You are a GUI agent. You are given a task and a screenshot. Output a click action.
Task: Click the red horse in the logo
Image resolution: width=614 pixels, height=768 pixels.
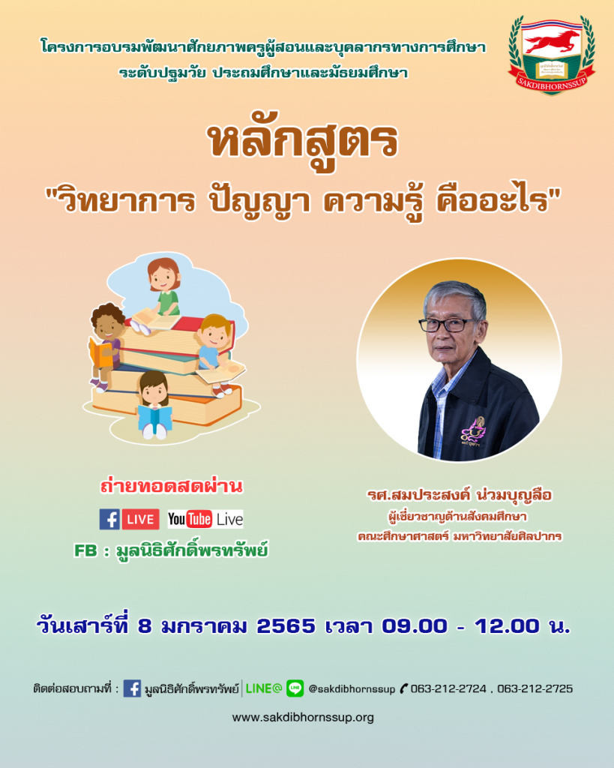(x=552, y=42)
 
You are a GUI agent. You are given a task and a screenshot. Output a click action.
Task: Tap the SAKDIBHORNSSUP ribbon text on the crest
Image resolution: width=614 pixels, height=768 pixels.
(x=552, y=81)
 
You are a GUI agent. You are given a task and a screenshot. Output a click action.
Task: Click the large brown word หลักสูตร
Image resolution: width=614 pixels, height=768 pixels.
(x=304, y=141)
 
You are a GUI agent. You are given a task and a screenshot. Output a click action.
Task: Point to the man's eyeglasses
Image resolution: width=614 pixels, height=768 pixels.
(x=447, y=324)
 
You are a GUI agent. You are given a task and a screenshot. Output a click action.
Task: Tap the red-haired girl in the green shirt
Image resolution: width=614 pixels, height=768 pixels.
(x=162, y=289)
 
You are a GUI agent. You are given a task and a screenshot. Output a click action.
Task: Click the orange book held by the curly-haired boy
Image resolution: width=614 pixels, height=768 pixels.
(x=100, y=353)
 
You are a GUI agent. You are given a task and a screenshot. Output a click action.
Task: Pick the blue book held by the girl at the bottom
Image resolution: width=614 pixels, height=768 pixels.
(x=154, y=416)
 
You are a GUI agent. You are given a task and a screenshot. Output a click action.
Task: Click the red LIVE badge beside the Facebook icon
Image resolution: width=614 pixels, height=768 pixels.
(x=140, y=520)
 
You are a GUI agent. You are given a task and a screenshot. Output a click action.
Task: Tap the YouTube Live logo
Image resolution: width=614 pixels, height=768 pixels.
(x=205, y=519)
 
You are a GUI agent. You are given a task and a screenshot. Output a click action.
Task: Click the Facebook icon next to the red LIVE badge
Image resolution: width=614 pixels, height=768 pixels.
(x=109, y=519)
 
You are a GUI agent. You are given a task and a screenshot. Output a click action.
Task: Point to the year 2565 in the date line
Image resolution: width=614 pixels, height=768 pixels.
(x=286, y=626)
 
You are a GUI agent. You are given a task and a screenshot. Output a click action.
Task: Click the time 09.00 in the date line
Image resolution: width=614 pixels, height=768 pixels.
(x=415, y=626)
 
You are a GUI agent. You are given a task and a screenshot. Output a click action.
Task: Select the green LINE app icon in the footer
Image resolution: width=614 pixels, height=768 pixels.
(x=295, y=688)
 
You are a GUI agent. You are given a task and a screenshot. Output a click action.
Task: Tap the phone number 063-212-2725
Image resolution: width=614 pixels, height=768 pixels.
(x=535, y=688)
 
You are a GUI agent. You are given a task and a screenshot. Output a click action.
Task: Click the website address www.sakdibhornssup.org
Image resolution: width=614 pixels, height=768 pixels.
(x=303, y=718)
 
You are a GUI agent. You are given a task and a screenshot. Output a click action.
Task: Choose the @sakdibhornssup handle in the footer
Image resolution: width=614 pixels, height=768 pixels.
(x=352, y=689)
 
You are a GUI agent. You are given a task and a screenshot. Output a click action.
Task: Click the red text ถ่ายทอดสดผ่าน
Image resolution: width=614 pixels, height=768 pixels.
(x=172, y=486)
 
